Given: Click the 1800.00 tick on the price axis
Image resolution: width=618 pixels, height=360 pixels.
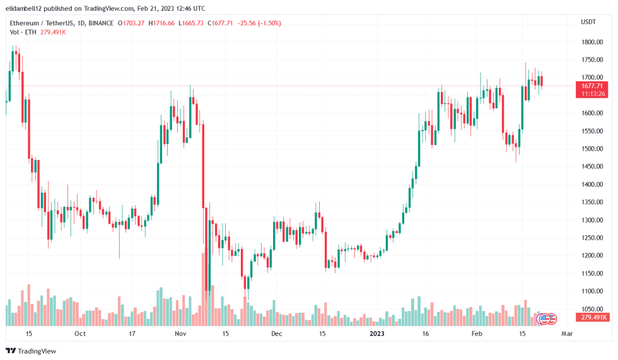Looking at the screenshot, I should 592,42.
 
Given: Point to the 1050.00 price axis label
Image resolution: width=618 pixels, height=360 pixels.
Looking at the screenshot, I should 592,309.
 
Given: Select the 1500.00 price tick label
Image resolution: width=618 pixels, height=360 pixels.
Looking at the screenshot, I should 592,149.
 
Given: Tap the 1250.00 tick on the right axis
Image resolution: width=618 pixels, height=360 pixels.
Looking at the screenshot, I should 592,238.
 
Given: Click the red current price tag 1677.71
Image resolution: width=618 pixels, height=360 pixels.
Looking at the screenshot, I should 593,86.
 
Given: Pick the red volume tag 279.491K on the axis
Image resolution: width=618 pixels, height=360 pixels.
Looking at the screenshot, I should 593,317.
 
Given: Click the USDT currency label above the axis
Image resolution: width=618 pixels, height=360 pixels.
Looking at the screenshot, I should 588,22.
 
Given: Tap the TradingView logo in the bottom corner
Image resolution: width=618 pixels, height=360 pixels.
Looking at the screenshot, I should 31,351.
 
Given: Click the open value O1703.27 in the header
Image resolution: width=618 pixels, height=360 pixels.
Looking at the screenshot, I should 131,23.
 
